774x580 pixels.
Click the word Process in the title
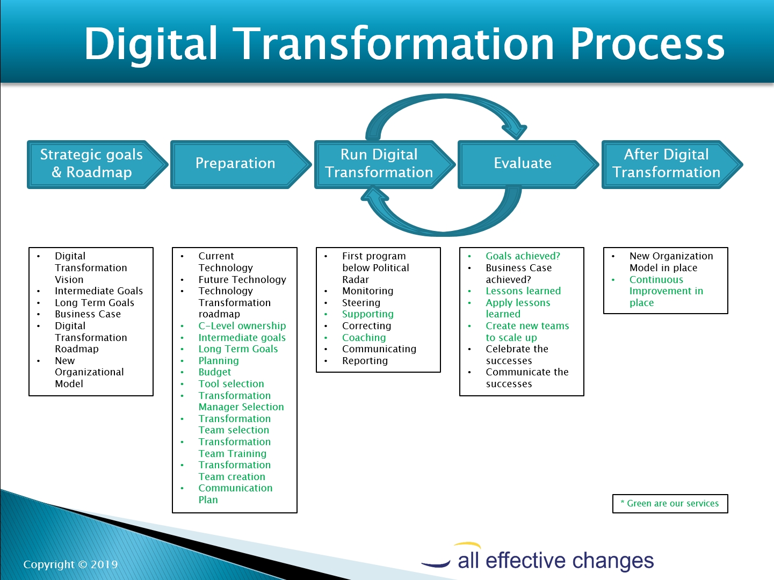647,44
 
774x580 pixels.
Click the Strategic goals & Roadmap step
97,164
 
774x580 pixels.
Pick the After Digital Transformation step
672,164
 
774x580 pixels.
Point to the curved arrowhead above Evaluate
516,130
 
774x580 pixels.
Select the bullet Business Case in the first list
88,314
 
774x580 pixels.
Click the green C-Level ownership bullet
242,326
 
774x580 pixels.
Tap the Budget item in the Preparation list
214,372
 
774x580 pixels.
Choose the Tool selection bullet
231,383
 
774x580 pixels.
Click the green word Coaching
364,337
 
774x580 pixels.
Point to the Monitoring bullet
367,291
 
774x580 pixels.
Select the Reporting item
365,361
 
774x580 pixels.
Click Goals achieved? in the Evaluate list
523,256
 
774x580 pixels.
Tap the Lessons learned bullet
523,291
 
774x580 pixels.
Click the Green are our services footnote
670,504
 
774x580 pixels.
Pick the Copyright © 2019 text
70,564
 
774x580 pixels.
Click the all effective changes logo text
555,560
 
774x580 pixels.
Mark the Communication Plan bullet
235,494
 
